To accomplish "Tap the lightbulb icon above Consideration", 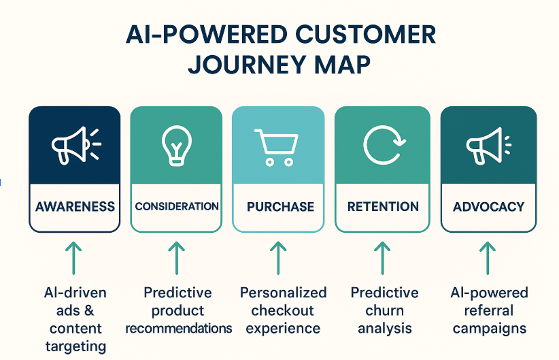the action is point(176,146).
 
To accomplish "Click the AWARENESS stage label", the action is point(75,207).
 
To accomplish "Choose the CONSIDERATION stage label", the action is point(177,206).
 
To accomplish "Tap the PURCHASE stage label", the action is point(281,207).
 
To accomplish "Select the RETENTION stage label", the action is point(384,207).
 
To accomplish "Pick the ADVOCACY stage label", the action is point(489,207).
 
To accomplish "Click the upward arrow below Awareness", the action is point(73,258).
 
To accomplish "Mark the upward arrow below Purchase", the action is point(278,258).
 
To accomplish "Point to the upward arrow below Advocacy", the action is point(488,258).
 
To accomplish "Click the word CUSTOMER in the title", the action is point(365,35).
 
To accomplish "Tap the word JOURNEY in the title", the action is point(247,65).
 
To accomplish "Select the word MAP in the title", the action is point(342,65).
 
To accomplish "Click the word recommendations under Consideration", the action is point(179,328).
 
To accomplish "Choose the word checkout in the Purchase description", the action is point(282,310).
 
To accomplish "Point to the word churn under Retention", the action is point(384,310).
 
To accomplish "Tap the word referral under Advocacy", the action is point(489,310).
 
